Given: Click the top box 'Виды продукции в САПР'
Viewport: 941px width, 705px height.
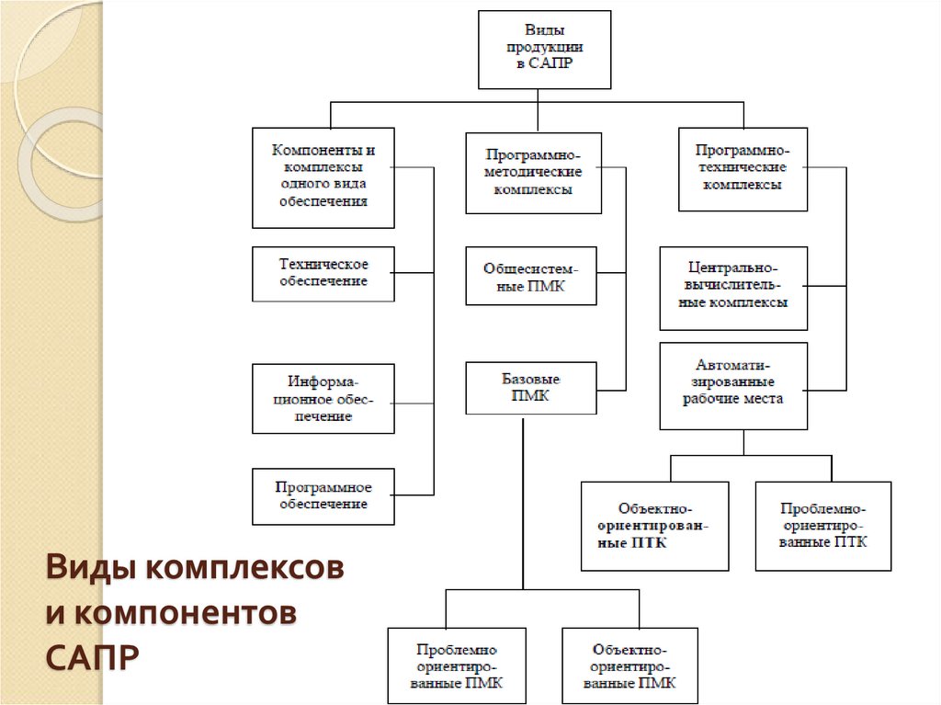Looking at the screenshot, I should [545, 50].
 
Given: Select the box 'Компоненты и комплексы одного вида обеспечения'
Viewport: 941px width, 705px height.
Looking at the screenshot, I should [323, 177].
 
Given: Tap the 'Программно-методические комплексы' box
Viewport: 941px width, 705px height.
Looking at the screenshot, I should [533, 174].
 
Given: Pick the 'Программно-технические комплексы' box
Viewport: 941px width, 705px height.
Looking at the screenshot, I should [743, 169].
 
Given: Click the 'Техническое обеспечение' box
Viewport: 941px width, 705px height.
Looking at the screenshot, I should [323, 274].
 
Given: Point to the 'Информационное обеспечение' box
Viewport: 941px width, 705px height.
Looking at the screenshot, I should [323, 398].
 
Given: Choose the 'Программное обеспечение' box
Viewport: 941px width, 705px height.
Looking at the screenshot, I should [323, 496].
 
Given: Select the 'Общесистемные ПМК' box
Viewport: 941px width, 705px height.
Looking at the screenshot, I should [530, 276].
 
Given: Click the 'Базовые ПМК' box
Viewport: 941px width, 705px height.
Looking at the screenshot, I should [530, 388].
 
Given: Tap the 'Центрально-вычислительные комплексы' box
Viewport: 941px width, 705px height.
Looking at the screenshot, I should [733, 288].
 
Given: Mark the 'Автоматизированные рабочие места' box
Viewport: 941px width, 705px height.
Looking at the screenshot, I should [733, 386].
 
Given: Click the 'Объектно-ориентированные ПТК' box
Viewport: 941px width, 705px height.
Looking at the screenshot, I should [654, 527].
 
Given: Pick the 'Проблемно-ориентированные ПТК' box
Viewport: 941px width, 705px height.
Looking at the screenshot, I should [822, 526].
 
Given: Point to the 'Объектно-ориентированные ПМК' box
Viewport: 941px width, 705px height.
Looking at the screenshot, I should [629, 666].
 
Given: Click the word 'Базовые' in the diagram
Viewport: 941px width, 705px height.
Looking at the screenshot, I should [530, 379].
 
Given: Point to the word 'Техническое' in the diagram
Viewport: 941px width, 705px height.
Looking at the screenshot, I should [323, 265].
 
